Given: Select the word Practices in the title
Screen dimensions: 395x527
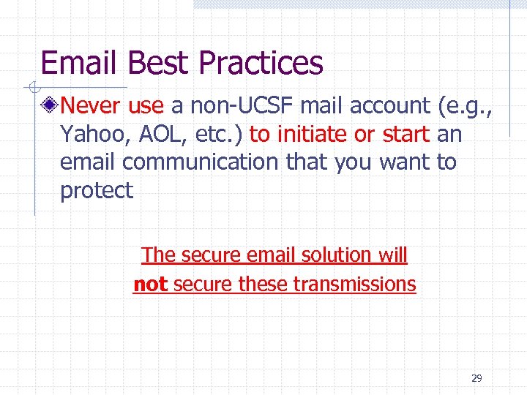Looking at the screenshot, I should pyautogui.click(x=260, y=64).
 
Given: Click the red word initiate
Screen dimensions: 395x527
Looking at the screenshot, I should pyautogui.click(x=314, y=135).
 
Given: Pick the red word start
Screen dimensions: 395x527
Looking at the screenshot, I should pyautogui.click(x=405, y=135).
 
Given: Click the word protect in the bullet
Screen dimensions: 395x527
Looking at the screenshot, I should pyautogui.click(x=97, y=192).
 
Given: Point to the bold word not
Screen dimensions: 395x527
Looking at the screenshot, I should pyautogui.click(x=150, y=284).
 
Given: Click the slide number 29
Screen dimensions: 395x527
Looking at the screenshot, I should pyautogui.click(x=476, y=378).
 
